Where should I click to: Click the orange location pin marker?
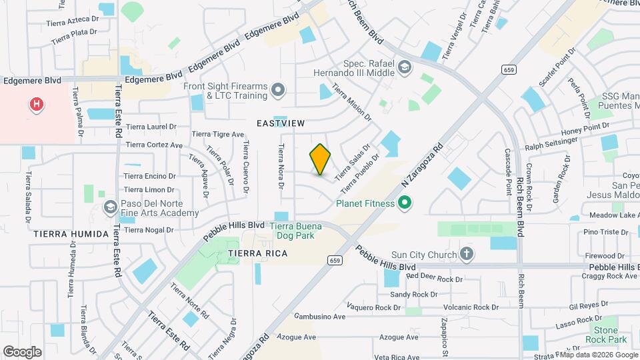coord(321,159)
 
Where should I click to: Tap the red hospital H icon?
coord(37,105)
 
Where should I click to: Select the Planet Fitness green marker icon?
coord(403,203)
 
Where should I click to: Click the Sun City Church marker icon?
coord(467,254)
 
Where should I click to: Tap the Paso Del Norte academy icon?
coord(109,207)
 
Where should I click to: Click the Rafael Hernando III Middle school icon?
coord(404,67)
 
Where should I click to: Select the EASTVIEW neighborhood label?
coord(281,123)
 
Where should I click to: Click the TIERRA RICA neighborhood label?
coord(258,254)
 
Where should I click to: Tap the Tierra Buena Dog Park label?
coord(295,231)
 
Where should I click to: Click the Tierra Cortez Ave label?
coord(154,145)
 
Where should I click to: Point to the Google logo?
coord(23,351)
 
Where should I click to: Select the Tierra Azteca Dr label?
coord(72,23)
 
